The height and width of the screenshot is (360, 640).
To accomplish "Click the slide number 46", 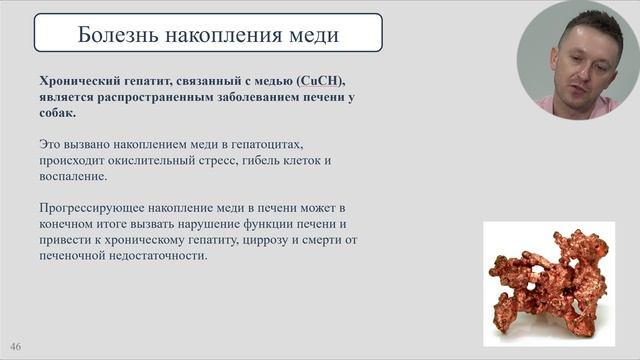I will tap(16, 346).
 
